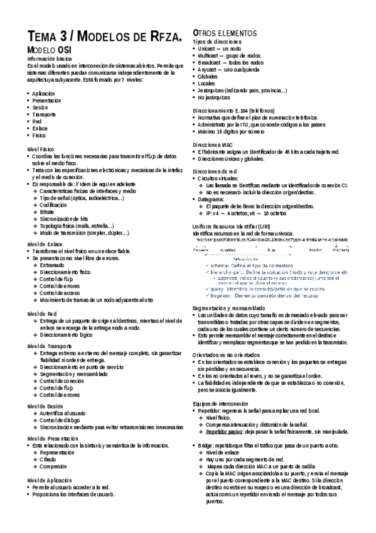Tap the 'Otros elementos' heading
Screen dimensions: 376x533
pyautogui.click(x=225, y=32)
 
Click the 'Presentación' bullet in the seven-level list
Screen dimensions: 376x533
pyautogui.click(x=46, y=101)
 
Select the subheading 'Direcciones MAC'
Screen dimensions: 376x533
pyautogui.click(x=213, y=145)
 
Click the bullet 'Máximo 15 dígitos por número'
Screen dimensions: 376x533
pyautogui.click(x=231, y=132)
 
